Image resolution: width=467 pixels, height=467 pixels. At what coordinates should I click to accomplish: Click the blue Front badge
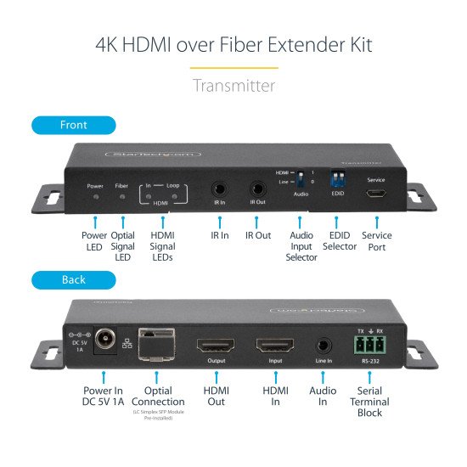pyautogui.click(x=73, y=125)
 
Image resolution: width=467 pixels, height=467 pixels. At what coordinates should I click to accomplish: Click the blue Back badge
pyautogui.click(x=73, y=279)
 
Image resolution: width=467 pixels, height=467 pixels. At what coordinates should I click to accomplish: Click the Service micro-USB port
pyautogui.click(x=375, y=194)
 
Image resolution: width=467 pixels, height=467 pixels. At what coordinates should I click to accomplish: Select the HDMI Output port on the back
pyautogui.click(x=216, y=347)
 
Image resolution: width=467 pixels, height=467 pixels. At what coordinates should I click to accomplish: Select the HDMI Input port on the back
pyautogui.click(x=274, y=347)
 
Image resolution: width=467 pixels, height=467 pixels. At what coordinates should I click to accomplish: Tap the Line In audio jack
pyautogui.click(x=323, y=346)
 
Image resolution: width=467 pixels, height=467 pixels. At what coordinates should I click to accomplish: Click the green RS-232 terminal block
pyautogui.click(x=369, y=345)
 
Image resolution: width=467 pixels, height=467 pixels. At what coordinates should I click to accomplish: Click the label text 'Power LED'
pyautogui.click(x=94, y=240)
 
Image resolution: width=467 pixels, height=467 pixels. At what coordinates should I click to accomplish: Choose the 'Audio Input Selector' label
pyautogui.click(x=301, y=246)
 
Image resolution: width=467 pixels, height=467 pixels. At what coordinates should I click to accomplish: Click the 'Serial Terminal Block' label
pyautogui.click(x=369, y=402)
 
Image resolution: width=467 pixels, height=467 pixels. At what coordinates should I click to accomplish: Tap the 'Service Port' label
pyautogui.click(x=376, y=240)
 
